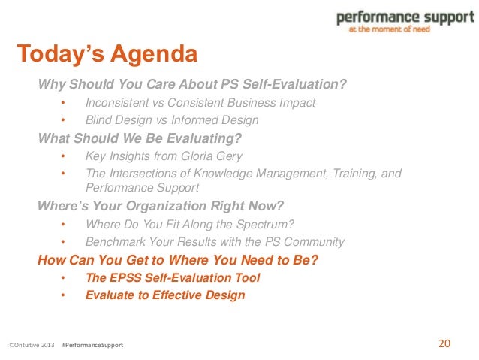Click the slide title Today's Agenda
coord(107,55)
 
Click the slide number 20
coord(444,344)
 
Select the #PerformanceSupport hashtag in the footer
coord(93,345)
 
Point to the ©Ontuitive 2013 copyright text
coord(32,345)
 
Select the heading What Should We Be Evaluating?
coord(140,138)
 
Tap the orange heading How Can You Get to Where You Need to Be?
coord(178,260)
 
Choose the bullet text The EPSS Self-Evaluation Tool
coord(173,277)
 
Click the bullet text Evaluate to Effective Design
coord(165,295)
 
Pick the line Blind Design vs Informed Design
coord(172,120)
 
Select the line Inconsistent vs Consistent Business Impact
coord(200,103)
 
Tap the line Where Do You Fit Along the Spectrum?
coord(189,224)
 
